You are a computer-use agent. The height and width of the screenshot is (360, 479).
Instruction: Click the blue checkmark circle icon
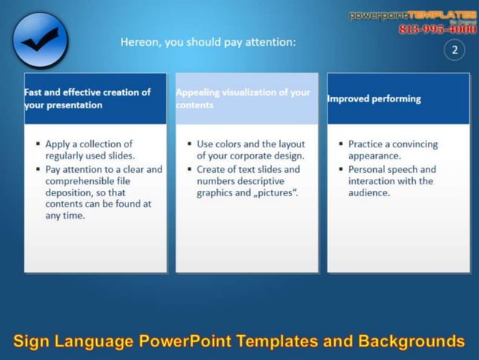click(40, 41)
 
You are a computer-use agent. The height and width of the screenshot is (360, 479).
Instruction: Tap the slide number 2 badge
click(454, 50)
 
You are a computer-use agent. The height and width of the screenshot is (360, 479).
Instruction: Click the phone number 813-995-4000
click(437, 29)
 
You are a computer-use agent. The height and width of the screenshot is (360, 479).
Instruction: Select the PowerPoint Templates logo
click(411, 15)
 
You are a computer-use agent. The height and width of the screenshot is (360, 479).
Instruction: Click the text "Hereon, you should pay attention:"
click(208, 42)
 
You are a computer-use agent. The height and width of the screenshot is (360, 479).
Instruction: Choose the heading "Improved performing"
click(374, 98)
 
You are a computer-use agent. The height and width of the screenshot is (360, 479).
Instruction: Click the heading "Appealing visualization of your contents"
click(243, 98)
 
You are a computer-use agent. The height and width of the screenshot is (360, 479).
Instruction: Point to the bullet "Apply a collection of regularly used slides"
click(89, 150)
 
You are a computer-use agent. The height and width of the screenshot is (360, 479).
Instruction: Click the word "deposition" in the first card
click(70, 192)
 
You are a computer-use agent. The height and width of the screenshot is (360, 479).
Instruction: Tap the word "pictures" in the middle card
click(277, 193)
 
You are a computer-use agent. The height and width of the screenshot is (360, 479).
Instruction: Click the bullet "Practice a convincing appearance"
click(393, 150)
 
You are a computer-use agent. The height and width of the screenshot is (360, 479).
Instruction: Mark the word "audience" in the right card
click(369, 193)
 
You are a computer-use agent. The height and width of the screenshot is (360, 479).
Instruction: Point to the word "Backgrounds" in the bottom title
click(411, 341)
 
